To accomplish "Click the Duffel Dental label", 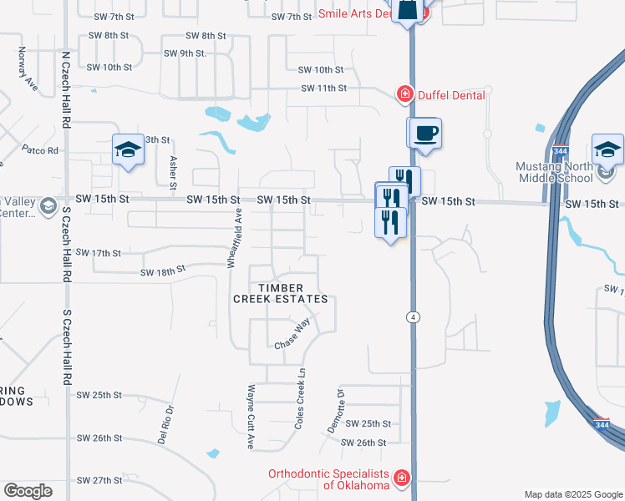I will point(451,95).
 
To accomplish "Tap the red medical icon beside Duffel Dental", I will point(405,94).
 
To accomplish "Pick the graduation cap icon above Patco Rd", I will point(128,149).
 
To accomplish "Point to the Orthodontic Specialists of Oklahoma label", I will point(329,479).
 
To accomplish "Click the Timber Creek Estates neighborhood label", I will point(280,293).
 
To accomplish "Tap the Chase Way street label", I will point(292,334).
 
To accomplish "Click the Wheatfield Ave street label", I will point(236,239).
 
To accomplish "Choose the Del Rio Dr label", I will point(165,423).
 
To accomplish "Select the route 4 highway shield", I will point(413,316).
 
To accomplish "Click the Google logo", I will point(28,491).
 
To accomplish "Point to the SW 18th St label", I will point(161,272).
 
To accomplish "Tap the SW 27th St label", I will point(99,481).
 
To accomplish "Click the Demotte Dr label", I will point(333,411).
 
